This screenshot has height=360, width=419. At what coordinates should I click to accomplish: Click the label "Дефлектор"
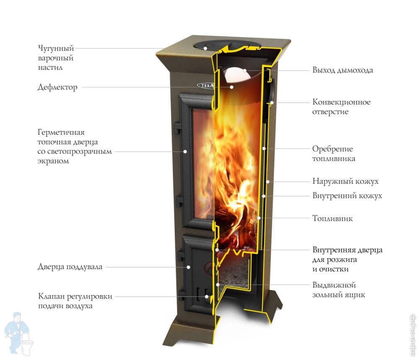pos(57,87)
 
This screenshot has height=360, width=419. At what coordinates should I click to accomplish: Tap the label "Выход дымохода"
pos(342,70)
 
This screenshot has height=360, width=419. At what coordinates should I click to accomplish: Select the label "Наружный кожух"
pos(345,181)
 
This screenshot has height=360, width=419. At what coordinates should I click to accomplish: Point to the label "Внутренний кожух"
pos(347,195)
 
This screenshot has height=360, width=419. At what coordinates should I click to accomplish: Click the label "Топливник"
pos(332,218)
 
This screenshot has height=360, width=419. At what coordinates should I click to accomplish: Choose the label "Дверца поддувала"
pos(70,267)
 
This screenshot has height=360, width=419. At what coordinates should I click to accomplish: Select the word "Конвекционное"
pos(341,102)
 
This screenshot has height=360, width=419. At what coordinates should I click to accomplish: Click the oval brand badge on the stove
pos(206,85)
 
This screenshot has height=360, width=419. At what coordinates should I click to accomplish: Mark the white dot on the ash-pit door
pos(188,267)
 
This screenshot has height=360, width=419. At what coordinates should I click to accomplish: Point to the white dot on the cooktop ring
pos(206,48)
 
